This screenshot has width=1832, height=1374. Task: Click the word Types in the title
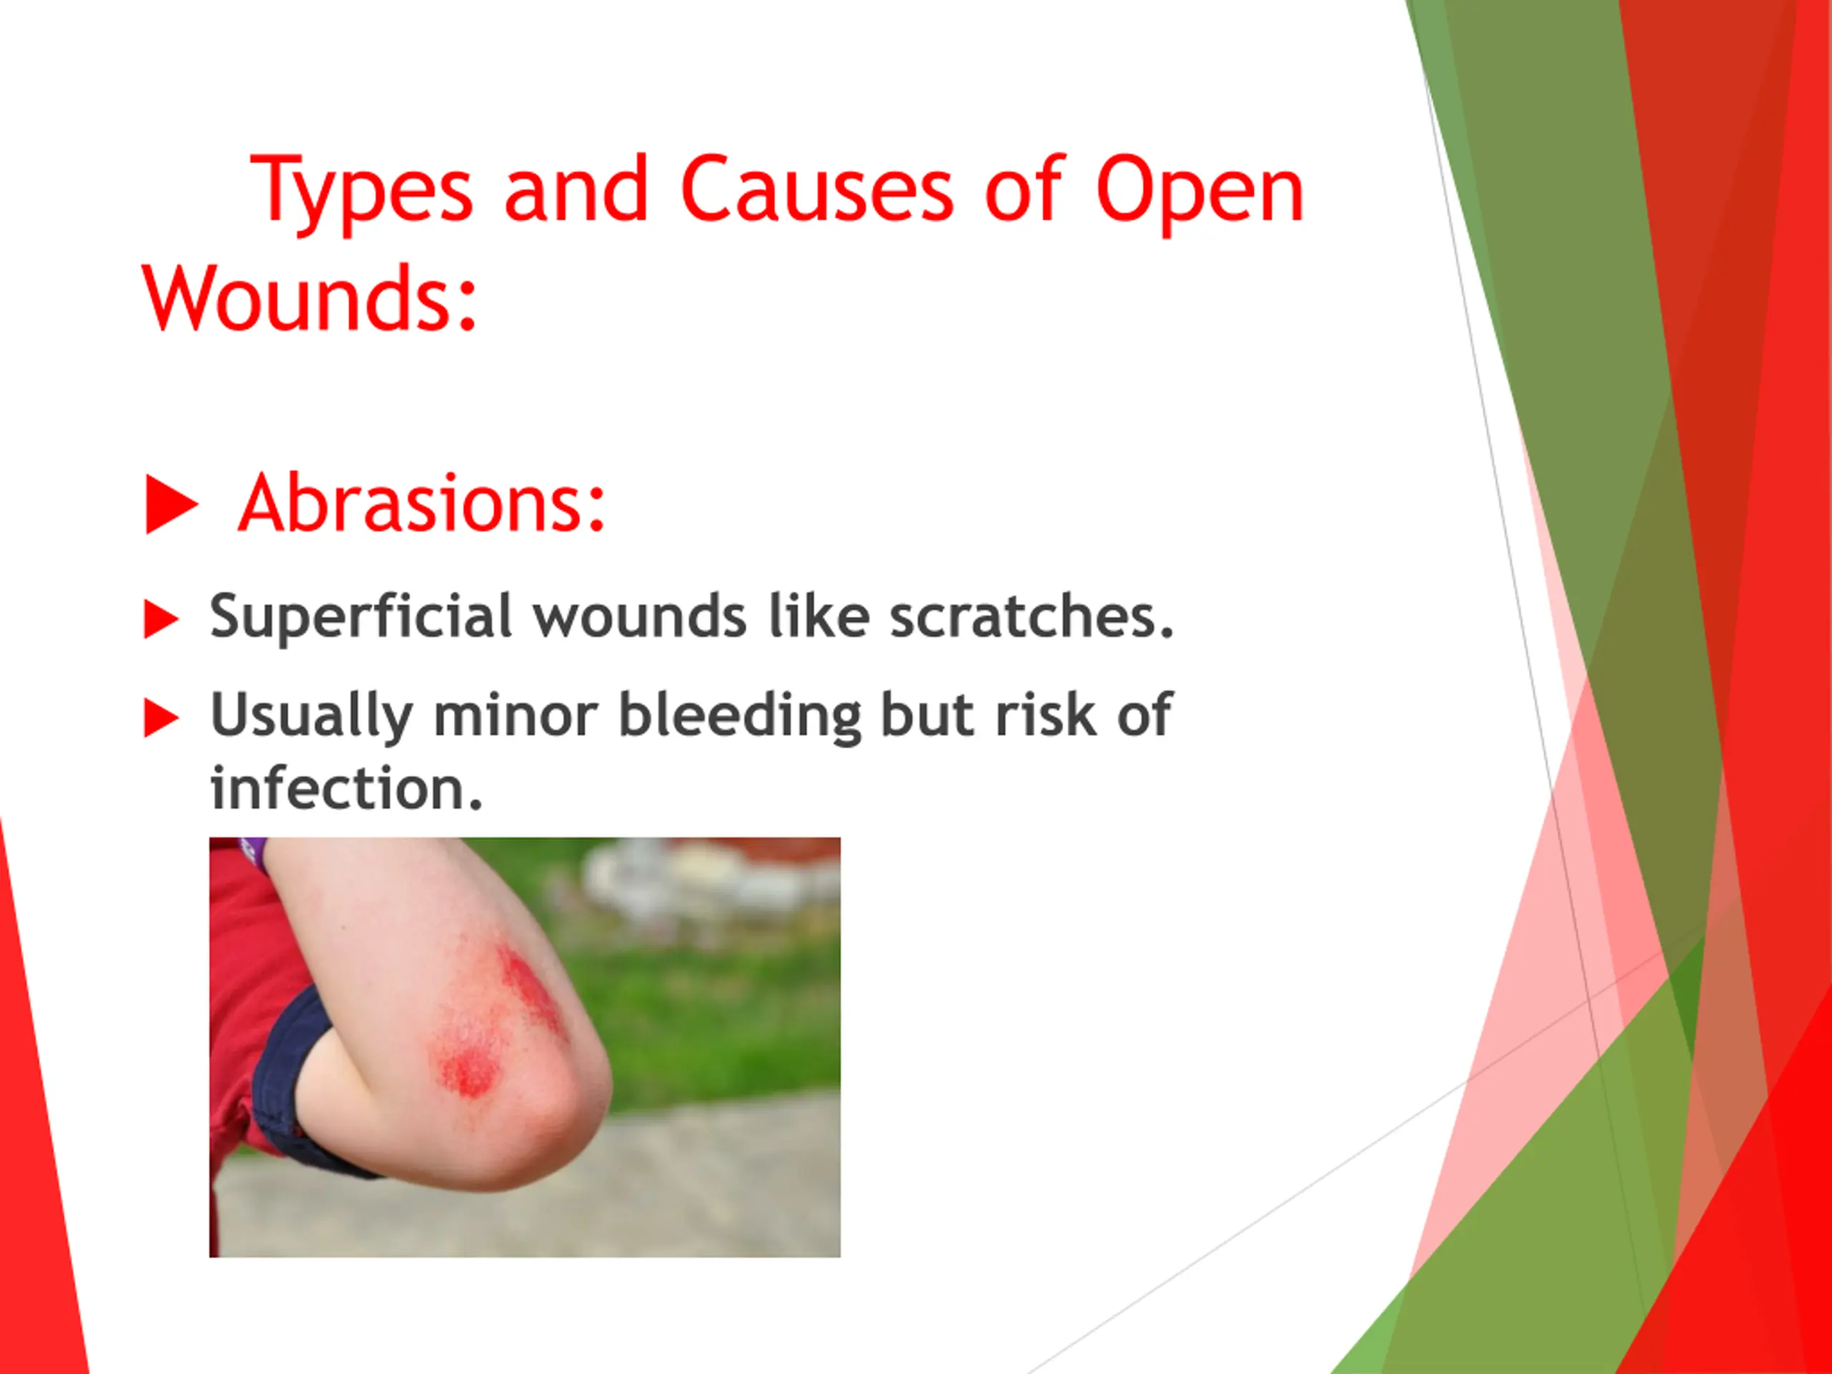[361, 193]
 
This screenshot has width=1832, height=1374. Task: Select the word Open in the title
[1199, 194]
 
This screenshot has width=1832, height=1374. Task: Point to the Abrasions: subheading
[422, 502]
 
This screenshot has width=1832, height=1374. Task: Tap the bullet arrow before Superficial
[161, 619]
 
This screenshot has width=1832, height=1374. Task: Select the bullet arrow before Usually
[161, 717]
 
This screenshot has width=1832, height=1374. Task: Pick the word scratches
[1032, 616]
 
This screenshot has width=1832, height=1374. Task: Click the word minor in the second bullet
[515, 716]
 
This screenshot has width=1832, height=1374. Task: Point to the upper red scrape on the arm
[532, 993]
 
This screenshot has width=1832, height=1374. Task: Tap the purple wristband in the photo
[253, 852]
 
